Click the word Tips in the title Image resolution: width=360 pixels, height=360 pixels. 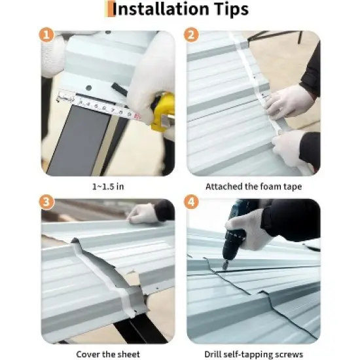click(226, 10)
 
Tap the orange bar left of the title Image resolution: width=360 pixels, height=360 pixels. click(108, 9)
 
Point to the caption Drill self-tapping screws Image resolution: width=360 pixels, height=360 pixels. click(253, 354)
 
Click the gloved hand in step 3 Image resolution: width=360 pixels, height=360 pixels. click(143, 213)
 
